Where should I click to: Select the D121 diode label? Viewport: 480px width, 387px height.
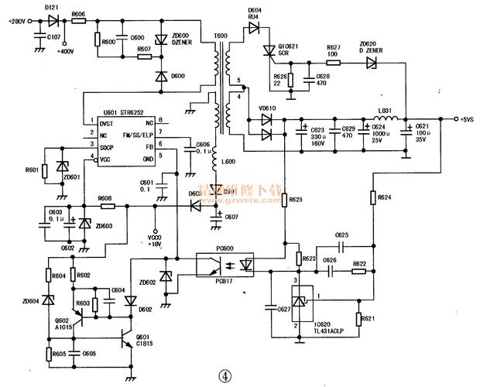pyautogui.click(x=51, y=7)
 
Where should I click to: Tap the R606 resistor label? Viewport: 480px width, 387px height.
pyautogui.click(x=77, y=14)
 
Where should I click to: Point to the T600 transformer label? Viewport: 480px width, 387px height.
pyautogui.click(x=221, y=36)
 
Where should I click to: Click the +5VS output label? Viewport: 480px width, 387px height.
pyautogui.click(x=465, y=120)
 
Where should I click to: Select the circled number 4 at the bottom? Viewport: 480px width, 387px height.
pyautogui.click(x=224, y=374)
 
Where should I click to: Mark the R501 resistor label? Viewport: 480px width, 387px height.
pyautogui.click(x=32, y=169)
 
